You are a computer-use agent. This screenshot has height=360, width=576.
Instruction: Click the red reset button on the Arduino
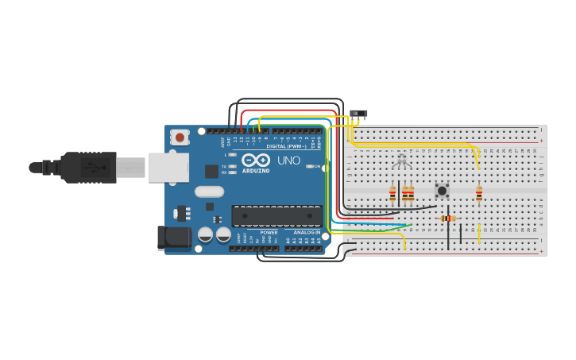click(180, 137)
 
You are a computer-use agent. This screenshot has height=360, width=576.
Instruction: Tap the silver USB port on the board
click(168, 168)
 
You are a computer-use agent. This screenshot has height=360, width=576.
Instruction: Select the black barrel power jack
click(174, 237)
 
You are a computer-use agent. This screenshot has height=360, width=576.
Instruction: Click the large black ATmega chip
click(276, 215)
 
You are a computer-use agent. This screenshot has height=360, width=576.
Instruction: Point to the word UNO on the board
click(288, 161)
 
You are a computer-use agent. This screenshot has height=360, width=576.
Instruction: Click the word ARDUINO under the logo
click(256, 171)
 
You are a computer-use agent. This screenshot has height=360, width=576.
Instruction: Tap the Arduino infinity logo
click(256, 160)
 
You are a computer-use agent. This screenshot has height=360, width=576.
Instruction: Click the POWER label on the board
click(269, 232)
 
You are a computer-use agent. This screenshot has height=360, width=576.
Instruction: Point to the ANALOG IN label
click(307, 232)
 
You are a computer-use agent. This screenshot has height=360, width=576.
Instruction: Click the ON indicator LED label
click(316, 166)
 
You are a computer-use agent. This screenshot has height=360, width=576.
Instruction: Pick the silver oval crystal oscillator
click(209, 192)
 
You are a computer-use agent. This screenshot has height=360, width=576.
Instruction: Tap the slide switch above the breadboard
click(358, 114)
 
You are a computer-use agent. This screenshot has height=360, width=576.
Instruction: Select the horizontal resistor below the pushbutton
click(448, 219)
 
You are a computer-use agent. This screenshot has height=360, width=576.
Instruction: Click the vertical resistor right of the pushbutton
click(478, 192)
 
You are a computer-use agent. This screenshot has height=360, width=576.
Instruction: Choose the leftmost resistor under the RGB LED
click(392, 192)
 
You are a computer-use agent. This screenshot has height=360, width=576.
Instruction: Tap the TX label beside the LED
click(224, 165)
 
